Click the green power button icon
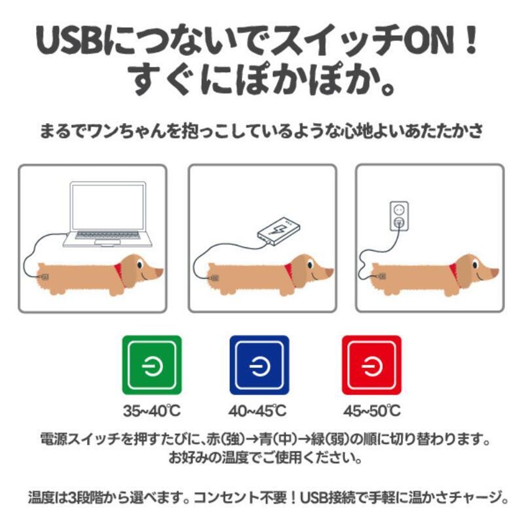coord(152,365)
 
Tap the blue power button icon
coord(259,365)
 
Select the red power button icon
coord(372,365)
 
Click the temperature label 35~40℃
coord(152,411)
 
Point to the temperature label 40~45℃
coord(257,411)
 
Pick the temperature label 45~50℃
coord(372,411)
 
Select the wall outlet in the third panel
coord(399,216)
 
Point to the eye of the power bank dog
coord(310,265)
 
